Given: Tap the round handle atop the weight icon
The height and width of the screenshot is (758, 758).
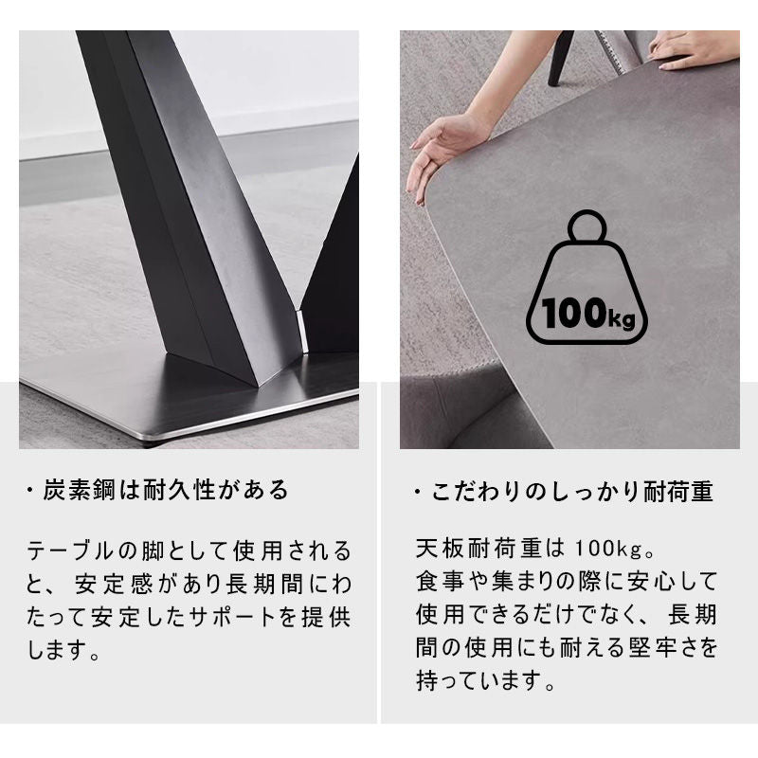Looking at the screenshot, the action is coord(587,226).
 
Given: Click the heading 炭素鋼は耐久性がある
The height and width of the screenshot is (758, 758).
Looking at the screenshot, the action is coord(166,490).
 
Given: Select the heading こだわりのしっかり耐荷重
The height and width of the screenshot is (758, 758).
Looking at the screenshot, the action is coord(572,492).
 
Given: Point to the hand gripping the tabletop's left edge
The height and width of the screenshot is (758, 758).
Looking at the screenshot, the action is coord(438,154).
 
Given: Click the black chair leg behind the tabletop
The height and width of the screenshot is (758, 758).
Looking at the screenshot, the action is coord(560,58).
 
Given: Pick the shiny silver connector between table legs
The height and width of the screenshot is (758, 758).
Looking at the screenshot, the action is coord(302,331).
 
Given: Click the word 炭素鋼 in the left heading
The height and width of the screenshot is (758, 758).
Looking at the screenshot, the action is coord(79,490).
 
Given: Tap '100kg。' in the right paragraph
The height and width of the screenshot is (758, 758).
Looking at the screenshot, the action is coord(615,549).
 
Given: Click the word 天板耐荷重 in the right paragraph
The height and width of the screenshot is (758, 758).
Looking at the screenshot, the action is coord(478,549).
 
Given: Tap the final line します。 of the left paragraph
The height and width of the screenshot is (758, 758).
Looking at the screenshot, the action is coord(63,650).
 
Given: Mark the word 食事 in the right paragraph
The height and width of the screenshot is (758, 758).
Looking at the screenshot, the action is coord(440,582).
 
